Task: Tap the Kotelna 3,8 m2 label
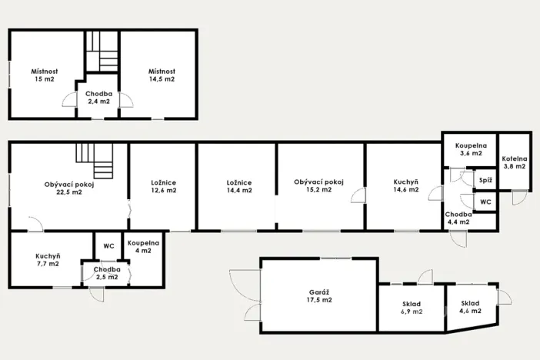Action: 515,162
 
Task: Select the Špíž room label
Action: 485,180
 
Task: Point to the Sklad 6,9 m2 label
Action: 412,308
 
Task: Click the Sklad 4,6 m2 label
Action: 470,307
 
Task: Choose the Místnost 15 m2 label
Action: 44,75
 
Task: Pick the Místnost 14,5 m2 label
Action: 162,75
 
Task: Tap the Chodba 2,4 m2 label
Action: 98,97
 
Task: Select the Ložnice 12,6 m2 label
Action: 163,187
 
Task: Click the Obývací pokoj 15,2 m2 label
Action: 318,186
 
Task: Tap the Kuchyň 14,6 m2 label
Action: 406,186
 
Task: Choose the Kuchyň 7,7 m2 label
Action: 48,260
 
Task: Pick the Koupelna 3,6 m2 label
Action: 468,149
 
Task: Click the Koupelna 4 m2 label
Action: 144,246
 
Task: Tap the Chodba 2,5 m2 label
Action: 106,273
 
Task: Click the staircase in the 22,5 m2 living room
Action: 95,158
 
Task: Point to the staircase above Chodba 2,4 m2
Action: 102,51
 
